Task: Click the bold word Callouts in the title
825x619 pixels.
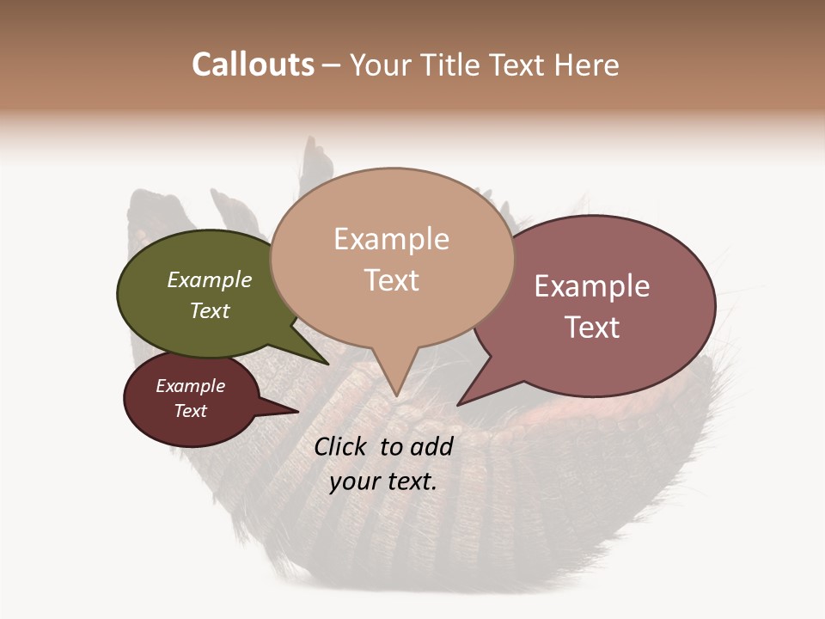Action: tap(253, 64)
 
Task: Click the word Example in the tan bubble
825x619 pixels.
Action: tap(391, 239)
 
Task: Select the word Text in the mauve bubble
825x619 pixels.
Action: tap(592, 327)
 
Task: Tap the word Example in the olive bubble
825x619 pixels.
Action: tap(210, 279)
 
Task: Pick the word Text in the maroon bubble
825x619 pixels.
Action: tap(191, 411)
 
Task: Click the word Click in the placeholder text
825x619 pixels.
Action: tap(343, 446)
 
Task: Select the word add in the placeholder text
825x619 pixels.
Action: tap(431, 446)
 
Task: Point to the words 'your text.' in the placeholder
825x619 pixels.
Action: tap(382, 481)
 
